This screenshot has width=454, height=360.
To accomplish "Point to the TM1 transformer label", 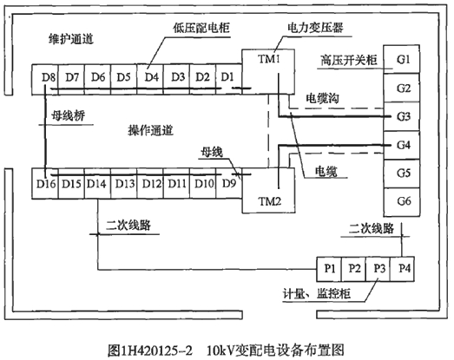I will pos(269,61).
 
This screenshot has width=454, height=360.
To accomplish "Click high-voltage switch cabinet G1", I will pos(402,61).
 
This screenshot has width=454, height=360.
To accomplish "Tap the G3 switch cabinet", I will pos(402,115).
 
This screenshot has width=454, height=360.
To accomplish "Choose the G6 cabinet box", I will pos(402,200).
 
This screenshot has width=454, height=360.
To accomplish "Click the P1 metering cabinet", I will pos(330,268).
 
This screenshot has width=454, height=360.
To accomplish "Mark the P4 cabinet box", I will pos(405,268).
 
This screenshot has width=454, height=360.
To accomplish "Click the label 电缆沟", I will pos(322,100).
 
